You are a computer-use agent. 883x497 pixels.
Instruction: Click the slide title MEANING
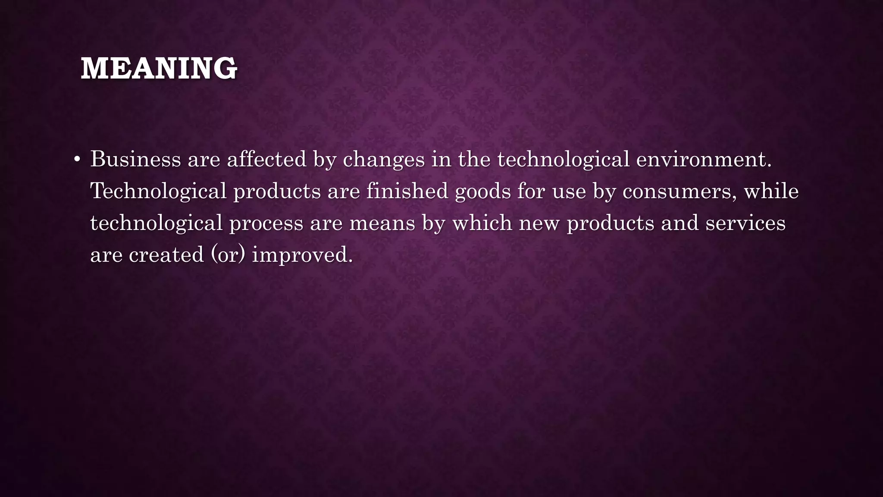point(159,69)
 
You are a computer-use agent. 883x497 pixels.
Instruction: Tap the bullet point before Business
point(77,160)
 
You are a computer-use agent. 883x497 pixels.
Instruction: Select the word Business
point(135,159)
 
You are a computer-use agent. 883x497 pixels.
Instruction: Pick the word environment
point(703,159)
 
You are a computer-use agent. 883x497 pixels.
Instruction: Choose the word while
point(771,191)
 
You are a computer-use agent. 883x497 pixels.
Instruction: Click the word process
point(266,223)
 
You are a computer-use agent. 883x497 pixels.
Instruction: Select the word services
point(745,223)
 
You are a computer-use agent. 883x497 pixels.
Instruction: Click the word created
point(166,255)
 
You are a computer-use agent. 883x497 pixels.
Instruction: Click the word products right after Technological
point(277,192)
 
